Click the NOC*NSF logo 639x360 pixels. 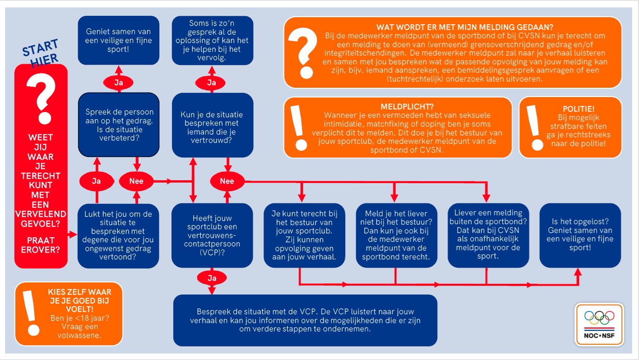(599, 324)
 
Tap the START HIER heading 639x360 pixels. (41, 53)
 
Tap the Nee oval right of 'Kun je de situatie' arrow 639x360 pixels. (227, 181)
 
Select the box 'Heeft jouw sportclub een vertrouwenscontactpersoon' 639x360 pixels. (212, 236)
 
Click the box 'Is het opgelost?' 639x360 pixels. (580, 235)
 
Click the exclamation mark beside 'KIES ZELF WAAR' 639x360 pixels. (31, 313)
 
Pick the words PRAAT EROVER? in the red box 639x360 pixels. (40, 245)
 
